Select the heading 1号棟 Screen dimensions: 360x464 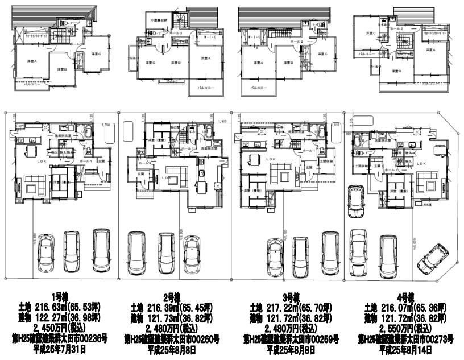(60, 297)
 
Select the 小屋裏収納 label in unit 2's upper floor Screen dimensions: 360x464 (161, 20)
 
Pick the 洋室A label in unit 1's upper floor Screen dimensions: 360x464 (31, 61)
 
